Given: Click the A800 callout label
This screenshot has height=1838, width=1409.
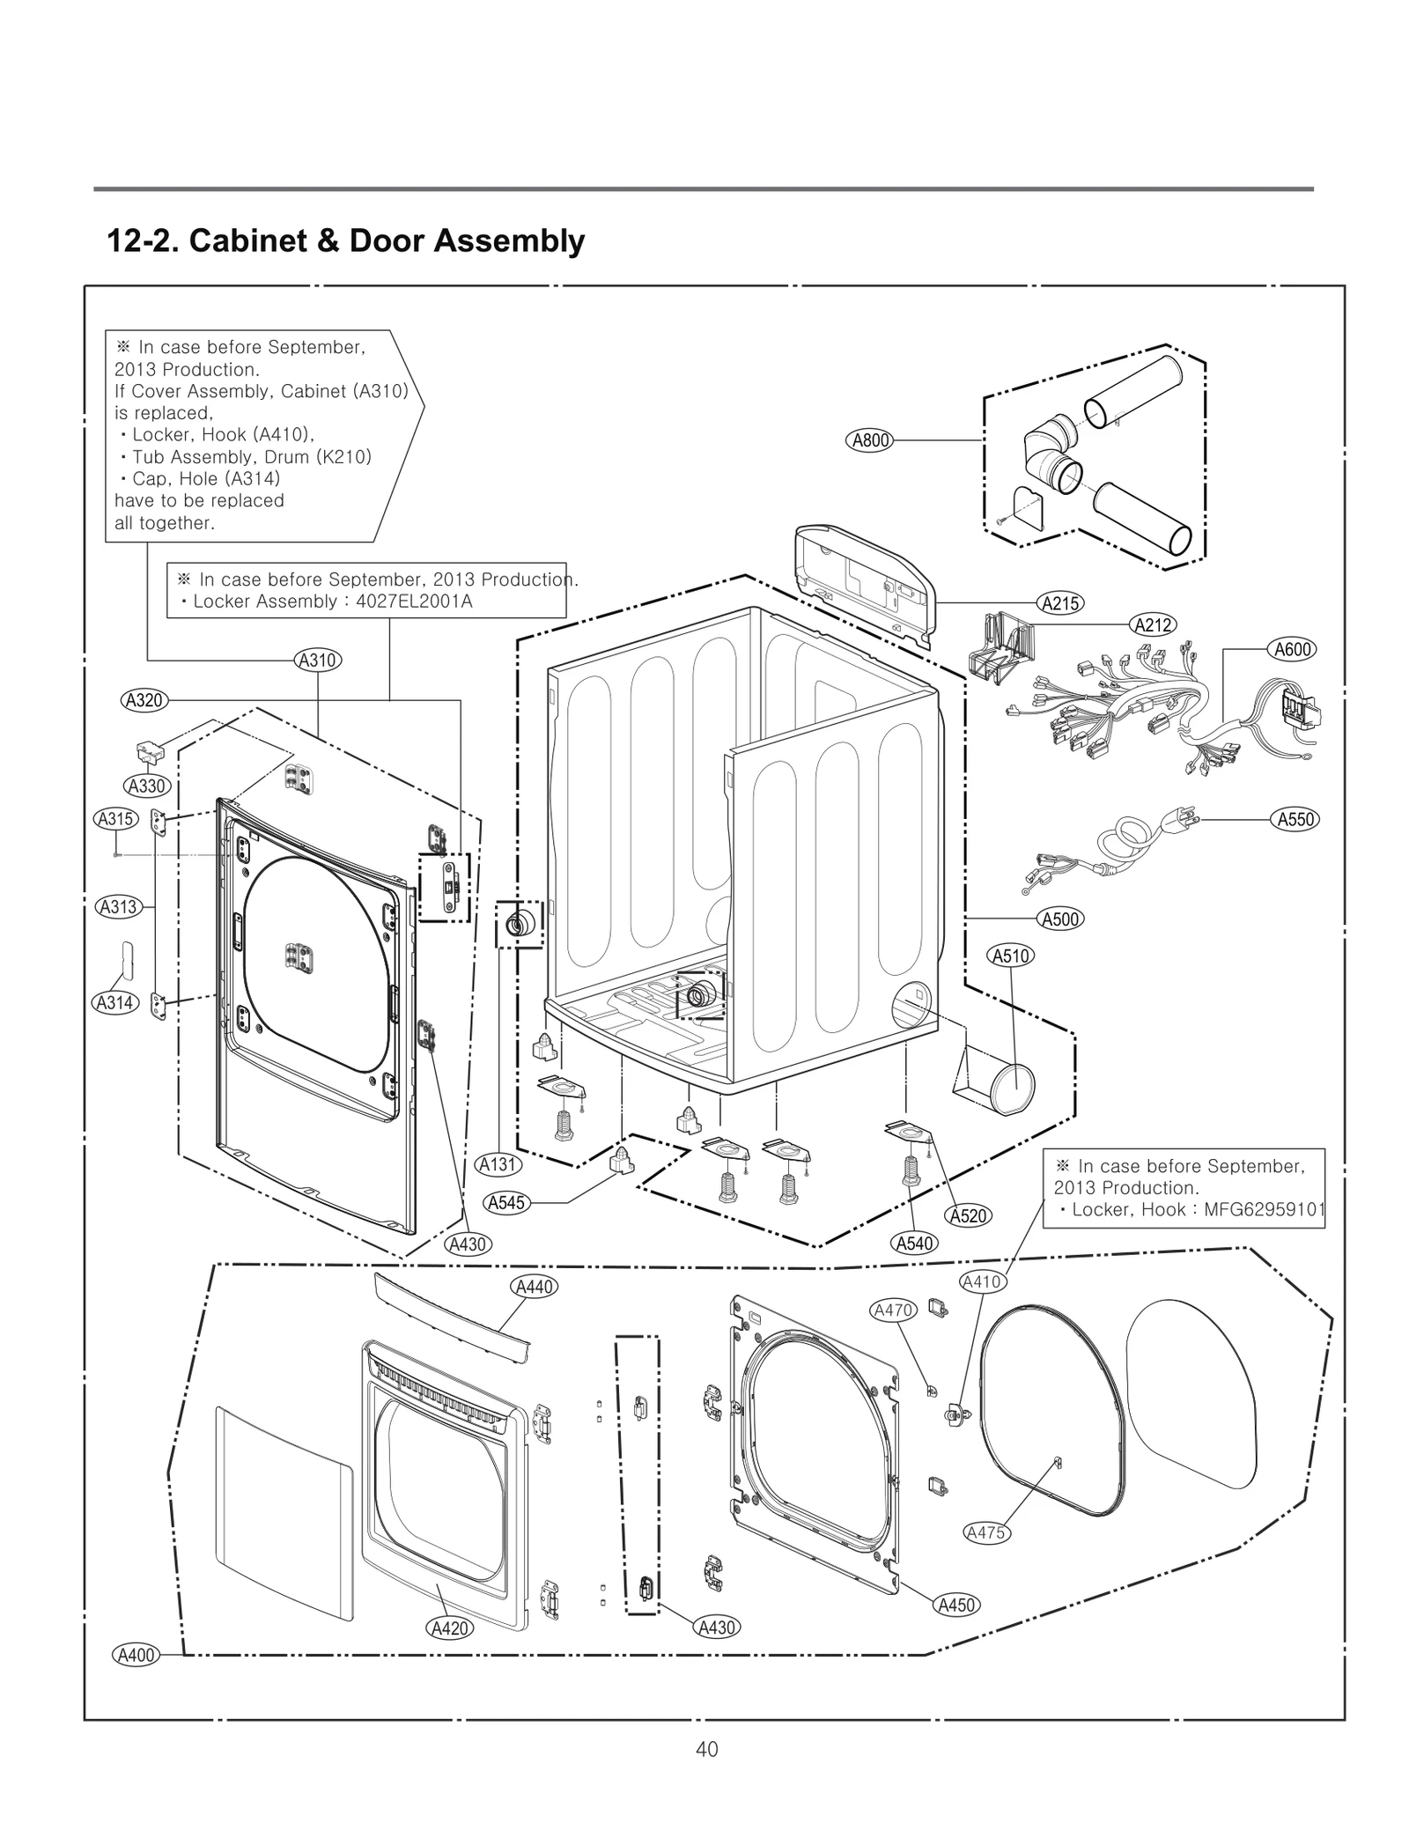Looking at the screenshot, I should (x=869, y=440).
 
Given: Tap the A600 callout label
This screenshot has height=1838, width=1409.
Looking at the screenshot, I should (x=1292, y=650).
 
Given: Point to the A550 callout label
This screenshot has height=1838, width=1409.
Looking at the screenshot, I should (x=1295, y=819).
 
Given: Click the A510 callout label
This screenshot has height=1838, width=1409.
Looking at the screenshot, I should (x=1011, y=956).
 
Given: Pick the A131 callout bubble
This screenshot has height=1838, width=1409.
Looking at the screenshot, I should (x=498, y=1164).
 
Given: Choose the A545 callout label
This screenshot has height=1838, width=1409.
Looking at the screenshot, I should (x=506, y=1202).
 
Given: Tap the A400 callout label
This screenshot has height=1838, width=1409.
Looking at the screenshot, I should (x=136, y=1655).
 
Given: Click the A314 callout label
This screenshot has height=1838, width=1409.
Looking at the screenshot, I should (x=114, y=1002).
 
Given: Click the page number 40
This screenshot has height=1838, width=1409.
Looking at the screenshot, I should (x=706, y=1749).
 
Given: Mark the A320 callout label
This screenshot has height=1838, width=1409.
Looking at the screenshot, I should (x=144, y=700).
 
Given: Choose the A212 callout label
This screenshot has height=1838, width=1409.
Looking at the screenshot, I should (x=1152, y=625).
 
